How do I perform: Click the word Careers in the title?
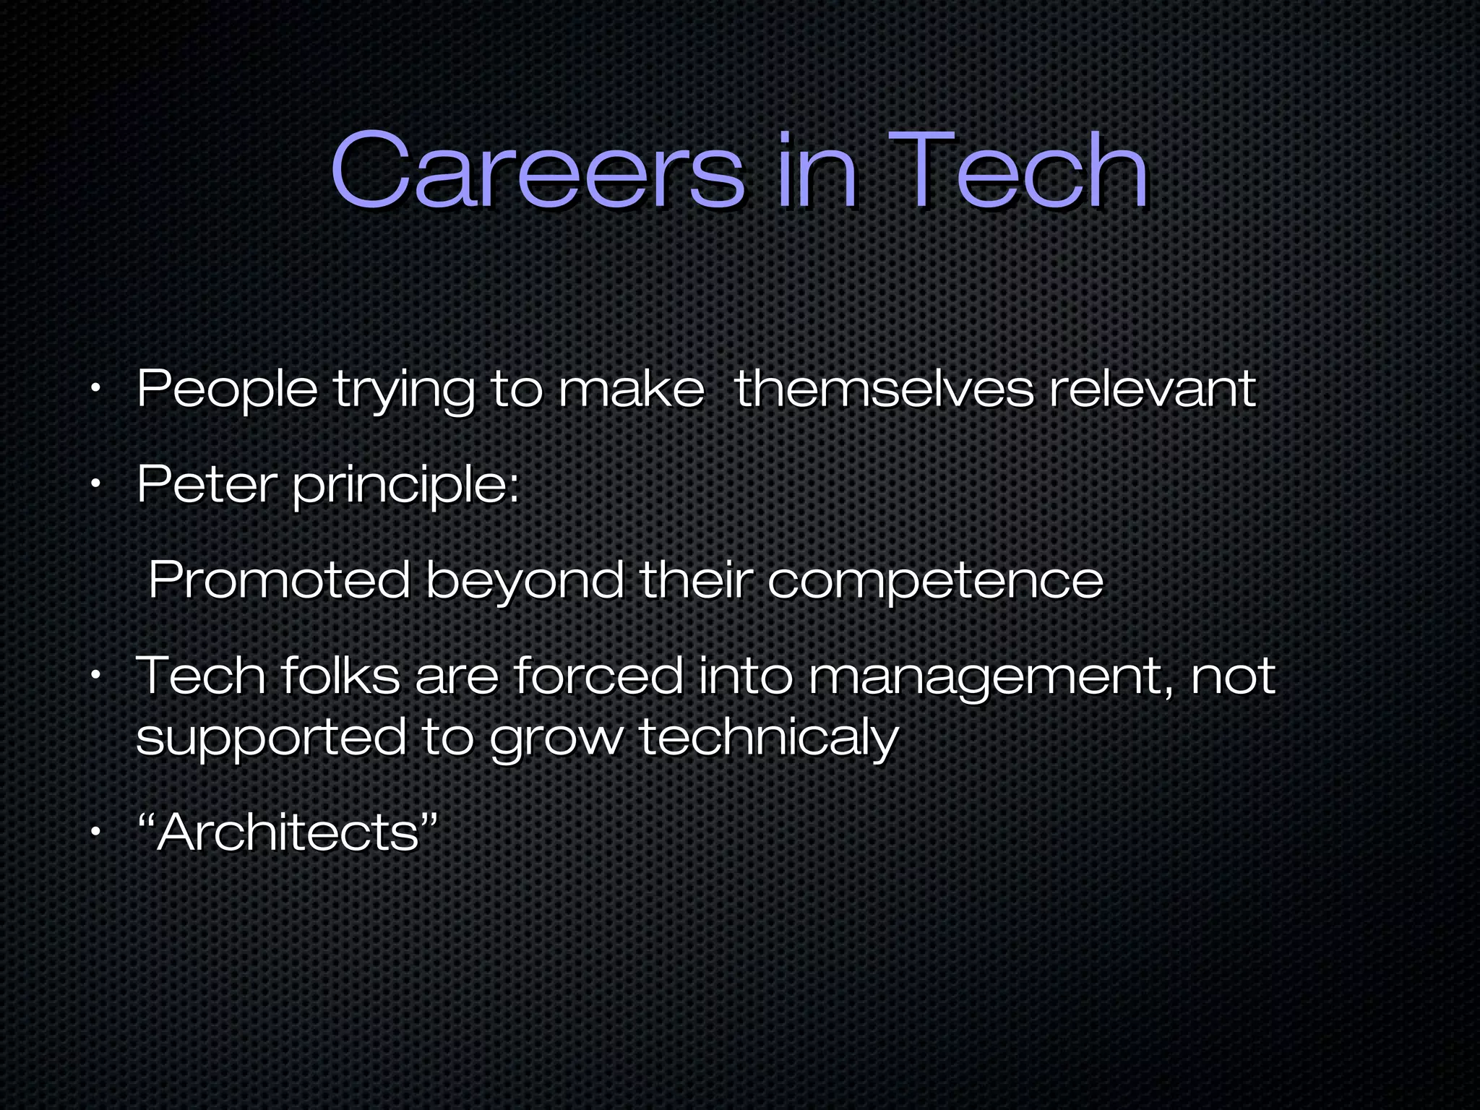click(x=536, y=171)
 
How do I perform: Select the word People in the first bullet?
click(x=227, y=391)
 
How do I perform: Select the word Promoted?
click(x=279, y=580)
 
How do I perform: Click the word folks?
click(x=340, y=676)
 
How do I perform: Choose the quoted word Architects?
click(x=288, y=833)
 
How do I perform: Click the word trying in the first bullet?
click(x=404, y=391)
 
